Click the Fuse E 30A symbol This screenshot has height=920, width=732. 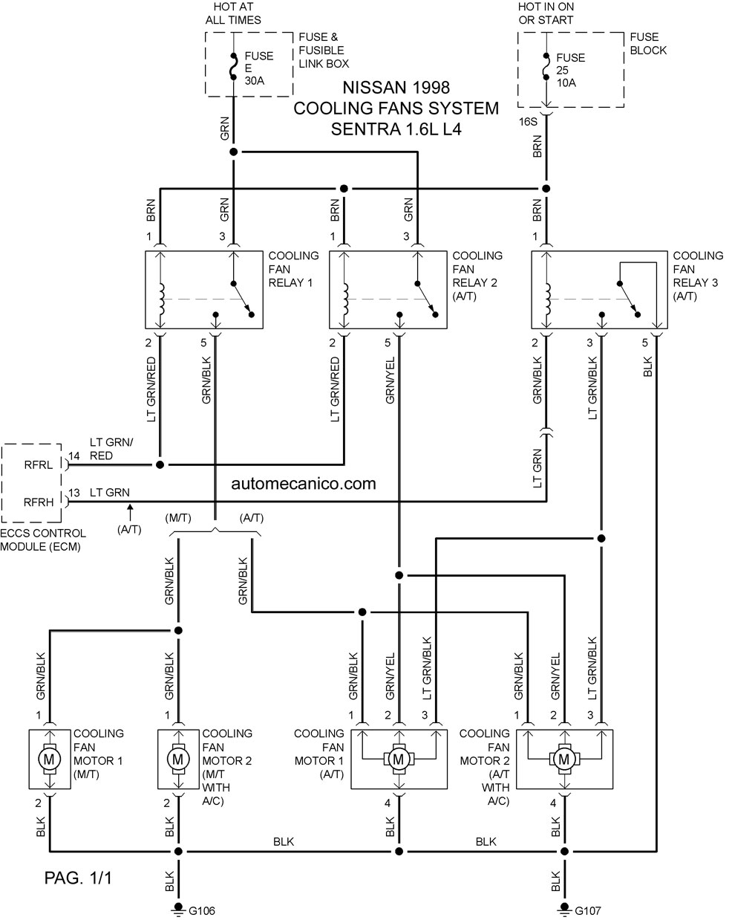(234, 67)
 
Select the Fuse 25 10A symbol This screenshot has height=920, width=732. (546, 67)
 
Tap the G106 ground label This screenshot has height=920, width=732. (202, 910)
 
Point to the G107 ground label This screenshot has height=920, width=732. (588, 910)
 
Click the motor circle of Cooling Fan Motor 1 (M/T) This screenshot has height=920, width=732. (50, 759)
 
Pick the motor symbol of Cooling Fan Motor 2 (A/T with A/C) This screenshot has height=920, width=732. (564, 759)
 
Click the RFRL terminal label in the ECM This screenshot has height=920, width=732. (39, 464)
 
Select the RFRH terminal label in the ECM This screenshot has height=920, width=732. (39, 502)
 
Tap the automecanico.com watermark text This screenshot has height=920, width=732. (304, 484)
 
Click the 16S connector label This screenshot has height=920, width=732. (528, 122)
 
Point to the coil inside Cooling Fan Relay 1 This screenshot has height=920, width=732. (161, 298)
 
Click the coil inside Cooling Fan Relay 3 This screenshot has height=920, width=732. (547, 298)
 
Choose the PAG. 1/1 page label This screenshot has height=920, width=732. (78, 878)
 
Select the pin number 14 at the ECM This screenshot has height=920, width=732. (74, 456)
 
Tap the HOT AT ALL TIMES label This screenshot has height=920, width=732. (233, 13)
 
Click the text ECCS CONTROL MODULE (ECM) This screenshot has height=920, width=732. (43, 540)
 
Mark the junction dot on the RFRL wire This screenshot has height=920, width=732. (160, 464)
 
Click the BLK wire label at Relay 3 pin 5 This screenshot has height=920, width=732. (647, 366)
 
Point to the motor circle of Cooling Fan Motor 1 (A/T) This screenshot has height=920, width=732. (399, 759)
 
